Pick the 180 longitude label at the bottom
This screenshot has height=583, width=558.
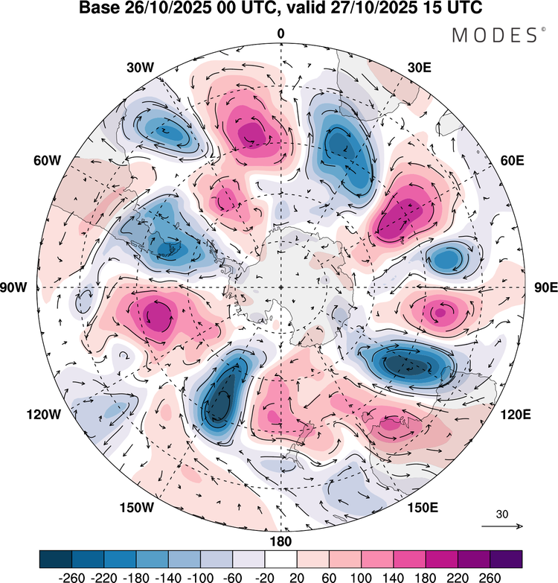click(280, 541)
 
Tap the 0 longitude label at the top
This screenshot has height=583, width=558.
click(280, 34)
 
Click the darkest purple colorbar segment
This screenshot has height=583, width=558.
click(505, 559)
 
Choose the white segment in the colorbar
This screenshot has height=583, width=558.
click(280, 559)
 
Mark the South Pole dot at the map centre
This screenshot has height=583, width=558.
click(280, 287)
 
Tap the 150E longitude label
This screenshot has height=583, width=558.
click(423, 508)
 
